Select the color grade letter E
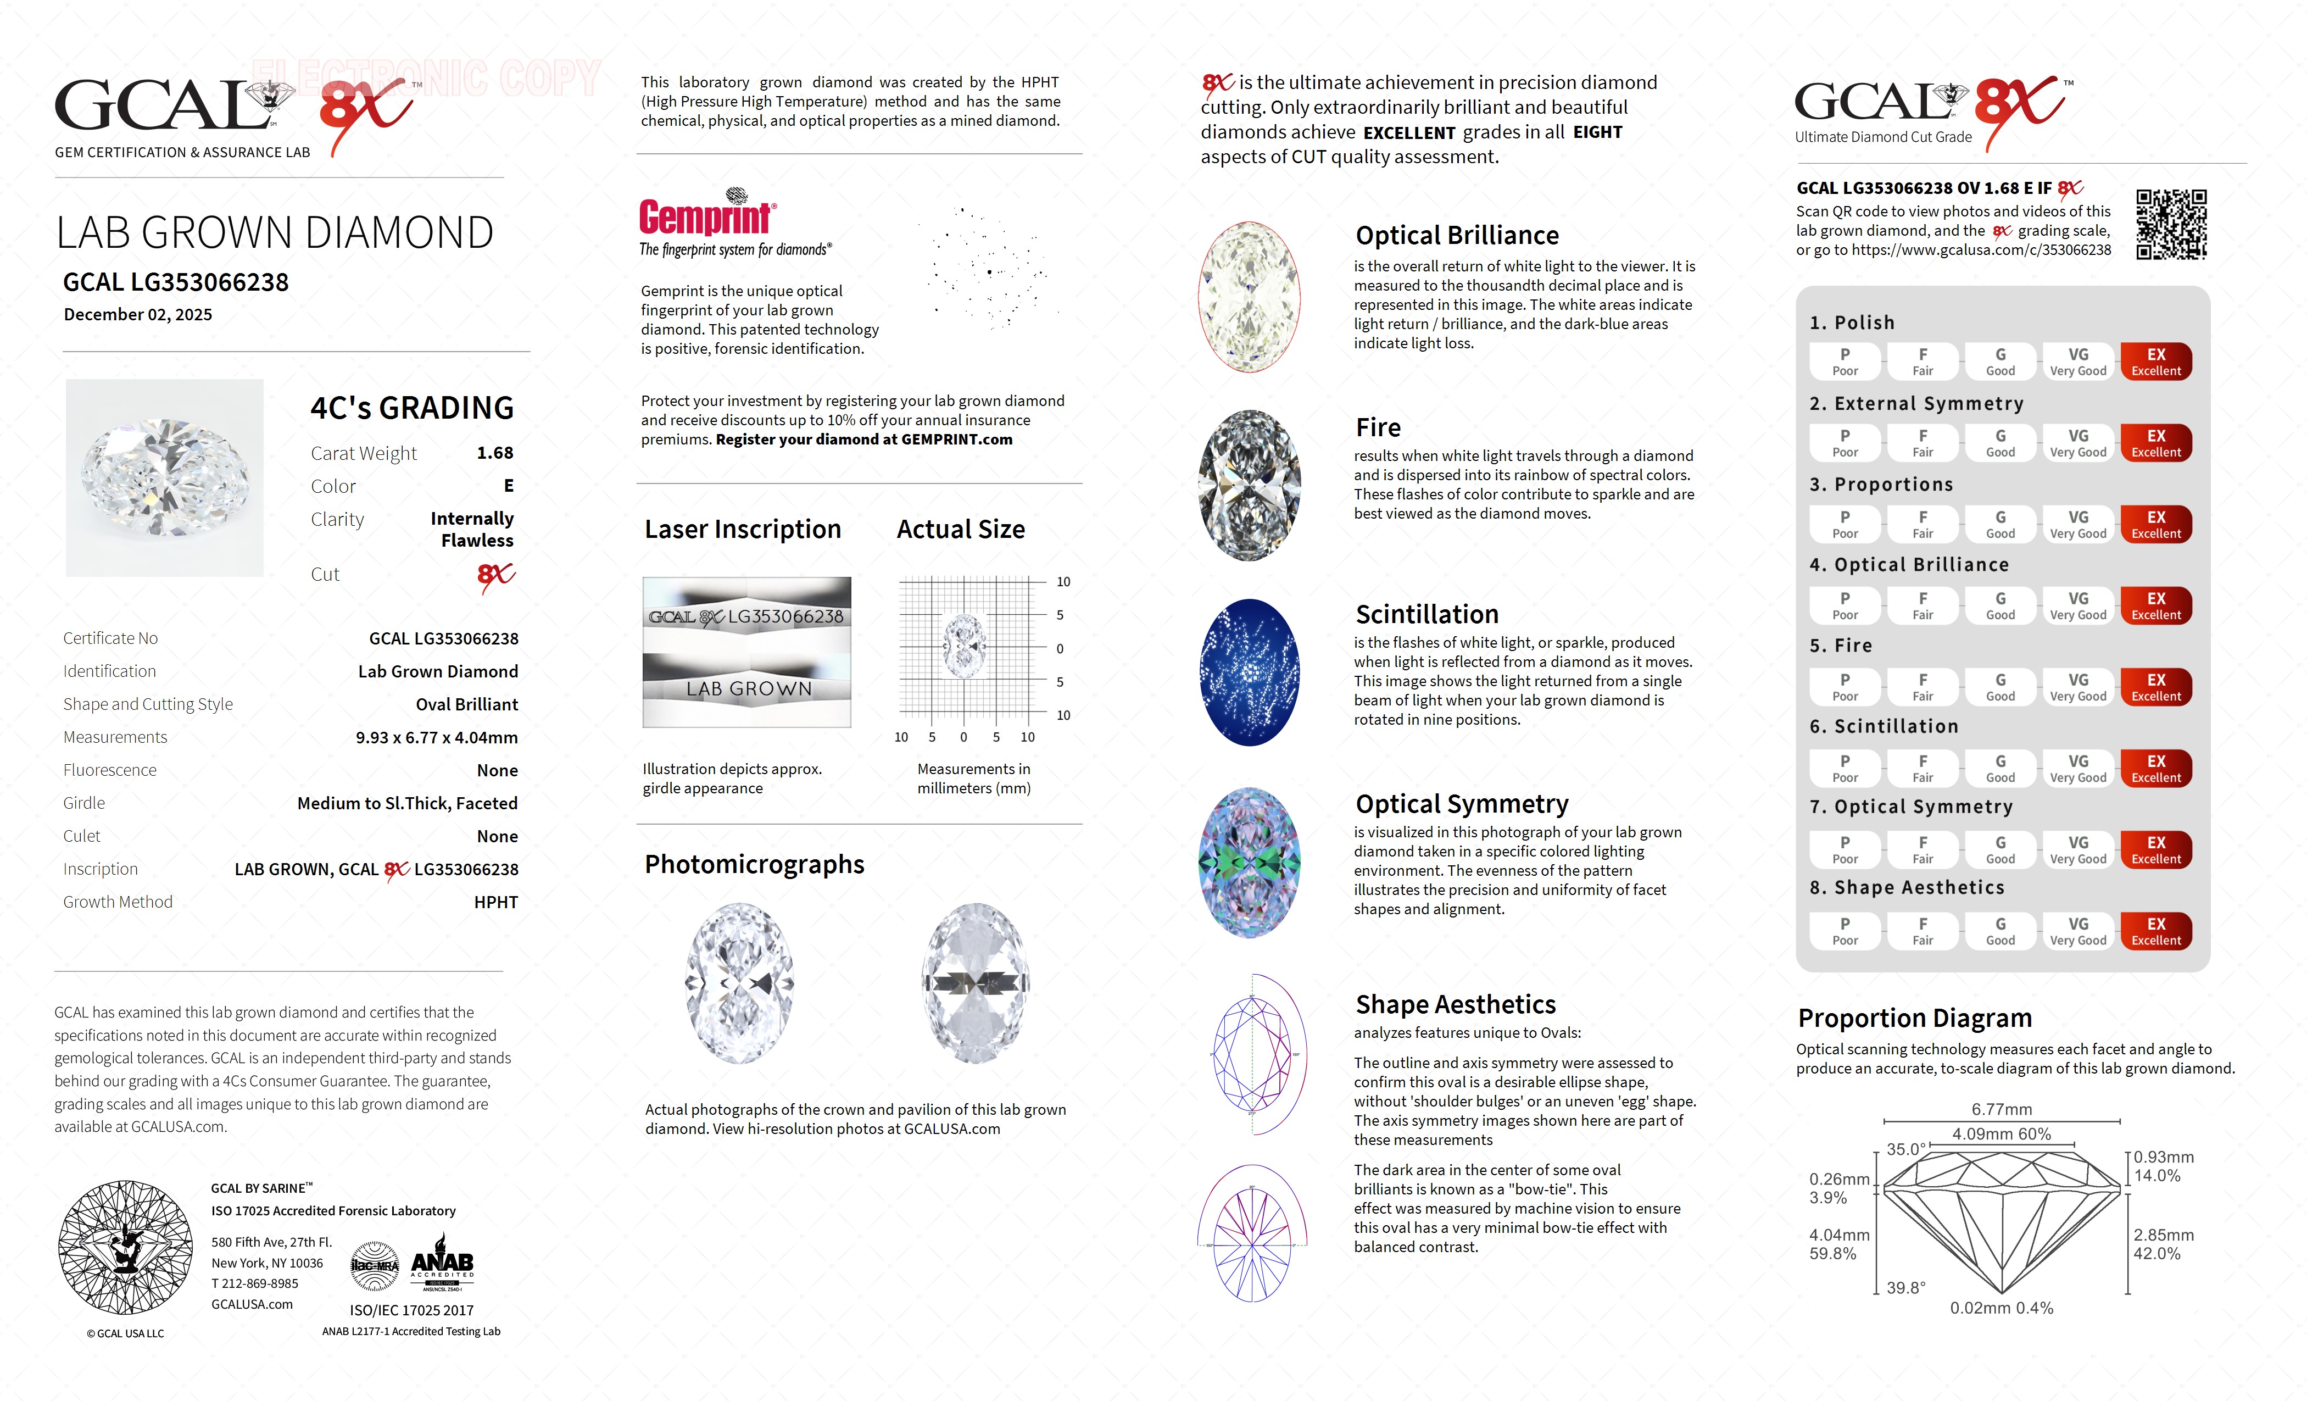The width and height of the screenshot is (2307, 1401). click(x=509, y=485)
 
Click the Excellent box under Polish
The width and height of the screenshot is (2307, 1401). click(x=2155, y=362)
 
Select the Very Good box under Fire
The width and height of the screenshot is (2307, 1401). click(x=2077, y=686)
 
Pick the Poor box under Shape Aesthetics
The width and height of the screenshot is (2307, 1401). click(x=1845, y=931)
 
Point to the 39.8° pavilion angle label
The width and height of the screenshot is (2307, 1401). click(x=1905, y=1288)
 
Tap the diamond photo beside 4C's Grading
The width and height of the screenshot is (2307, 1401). click(x=165, y=477)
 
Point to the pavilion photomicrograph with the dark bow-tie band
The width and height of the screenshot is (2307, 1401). click(x=976, y=983)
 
